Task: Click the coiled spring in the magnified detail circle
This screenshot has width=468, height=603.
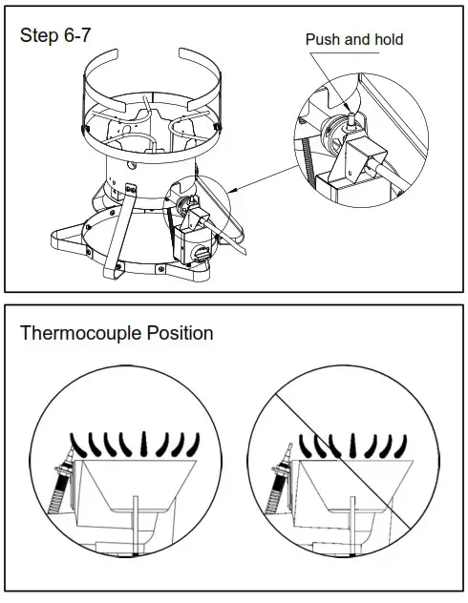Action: pos(308,172)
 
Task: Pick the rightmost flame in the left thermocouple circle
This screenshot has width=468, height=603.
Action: pos(194,443)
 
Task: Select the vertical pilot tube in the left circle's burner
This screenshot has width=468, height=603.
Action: pos(138,520)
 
